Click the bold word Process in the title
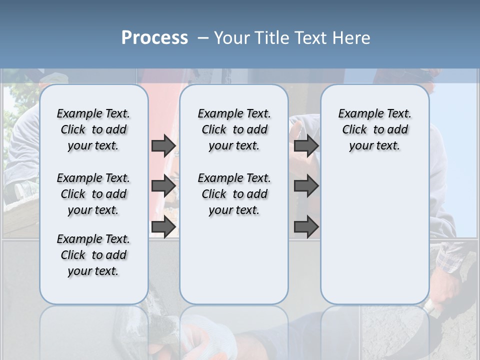pos(154,38)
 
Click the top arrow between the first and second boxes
pos(163,145)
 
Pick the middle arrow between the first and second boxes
pos(163,186)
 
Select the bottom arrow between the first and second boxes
pos(163,227)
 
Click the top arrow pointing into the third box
pos(306,145)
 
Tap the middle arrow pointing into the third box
pos(306,186)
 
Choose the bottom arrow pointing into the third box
pos(306,227)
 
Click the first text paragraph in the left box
pos(93,129)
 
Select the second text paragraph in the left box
pos(93,194)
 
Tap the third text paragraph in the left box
pos(93,255)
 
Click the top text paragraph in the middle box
pos(234,129)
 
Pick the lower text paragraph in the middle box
pos(234,194)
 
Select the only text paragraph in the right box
pos(374,129)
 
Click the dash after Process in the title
pos(203,38)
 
